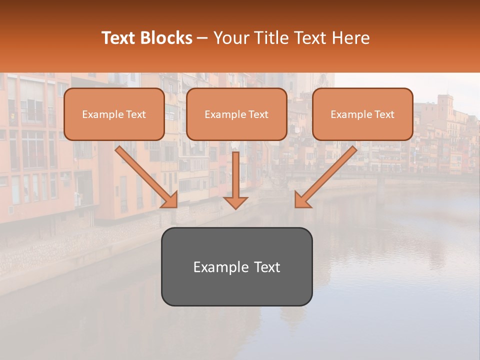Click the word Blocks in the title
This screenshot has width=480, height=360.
[166, 38]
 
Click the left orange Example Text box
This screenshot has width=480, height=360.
[114, 114]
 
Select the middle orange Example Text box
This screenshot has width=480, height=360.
[236, 114]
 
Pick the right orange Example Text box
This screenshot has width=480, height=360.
[362, 114]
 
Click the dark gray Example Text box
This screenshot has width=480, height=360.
[236, 266]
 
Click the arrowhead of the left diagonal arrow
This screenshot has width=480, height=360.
[170, 200]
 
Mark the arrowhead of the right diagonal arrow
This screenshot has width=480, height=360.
[302, 200]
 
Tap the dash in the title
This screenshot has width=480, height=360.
[202, 38]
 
